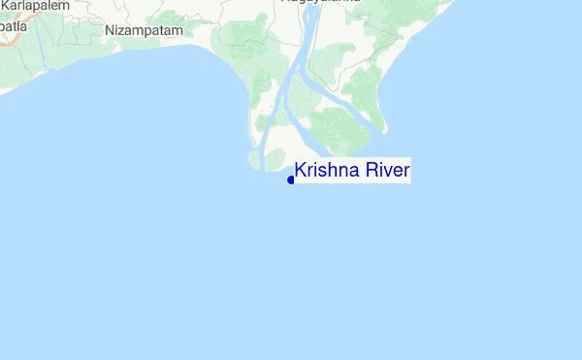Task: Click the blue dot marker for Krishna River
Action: pyautogui.click(x=291, y=180)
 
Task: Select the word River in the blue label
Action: pyautogui.click(x=383, y=172)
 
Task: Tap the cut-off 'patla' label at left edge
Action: pyautogui.click(x=12, y=26)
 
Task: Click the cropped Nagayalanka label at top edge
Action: pyautogui.click(x=320, y=2)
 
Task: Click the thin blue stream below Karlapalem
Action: pyautogui.click(x=42, y=44)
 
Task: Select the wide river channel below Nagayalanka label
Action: pyautogui.click(x=308, y=29)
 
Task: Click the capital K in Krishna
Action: pyautogui.click(x=301, y=172)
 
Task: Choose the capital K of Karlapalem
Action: pyautogui.click(x=6, y=5)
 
